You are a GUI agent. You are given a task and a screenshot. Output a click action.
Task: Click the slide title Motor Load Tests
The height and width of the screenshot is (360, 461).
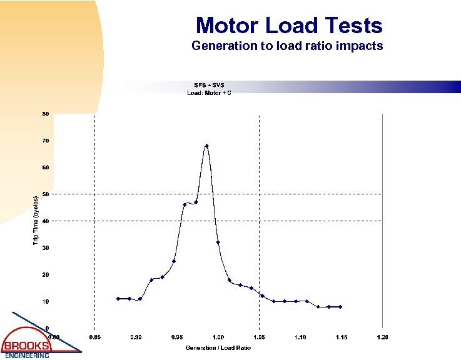(288, 26)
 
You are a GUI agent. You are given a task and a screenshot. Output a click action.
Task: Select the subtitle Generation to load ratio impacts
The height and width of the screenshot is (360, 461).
(287, 46)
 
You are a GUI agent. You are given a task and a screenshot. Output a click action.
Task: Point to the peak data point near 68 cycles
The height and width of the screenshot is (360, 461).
(206, 146)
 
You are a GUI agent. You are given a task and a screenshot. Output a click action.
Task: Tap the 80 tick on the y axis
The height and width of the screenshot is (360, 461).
(46, 114)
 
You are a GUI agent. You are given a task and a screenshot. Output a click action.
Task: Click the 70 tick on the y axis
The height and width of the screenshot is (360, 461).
(46, 141)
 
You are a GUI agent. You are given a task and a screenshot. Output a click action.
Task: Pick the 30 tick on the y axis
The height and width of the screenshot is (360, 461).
(46, 248)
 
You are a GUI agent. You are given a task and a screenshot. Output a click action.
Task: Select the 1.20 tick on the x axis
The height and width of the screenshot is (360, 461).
(382, 337)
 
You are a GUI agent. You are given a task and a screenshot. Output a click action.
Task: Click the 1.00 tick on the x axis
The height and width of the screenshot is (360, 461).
(218, 337)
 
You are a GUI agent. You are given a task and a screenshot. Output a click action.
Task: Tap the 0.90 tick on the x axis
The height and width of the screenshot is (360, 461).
(136, 337)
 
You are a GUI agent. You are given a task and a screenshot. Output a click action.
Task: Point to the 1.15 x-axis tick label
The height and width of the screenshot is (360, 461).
(341, 337)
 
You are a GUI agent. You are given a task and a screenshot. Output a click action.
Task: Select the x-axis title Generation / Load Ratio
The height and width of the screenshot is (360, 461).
(218, 347)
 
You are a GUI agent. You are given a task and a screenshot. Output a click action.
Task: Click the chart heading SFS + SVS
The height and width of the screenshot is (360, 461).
(209, 85)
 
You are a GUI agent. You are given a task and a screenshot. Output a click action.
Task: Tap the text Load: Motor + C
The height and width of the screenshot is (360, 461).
(209, 93)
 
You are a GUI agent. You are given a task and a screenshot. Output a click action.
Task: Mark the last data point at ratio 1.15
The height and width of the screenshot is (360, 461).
(340, 307)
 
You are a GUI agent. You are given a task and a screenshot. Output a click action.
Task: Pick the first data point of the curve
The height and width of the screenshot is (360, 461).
(118, 299)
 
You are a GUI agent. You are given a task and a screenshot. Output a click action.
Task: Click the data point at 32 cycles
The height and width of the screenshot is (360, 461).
(218, 242)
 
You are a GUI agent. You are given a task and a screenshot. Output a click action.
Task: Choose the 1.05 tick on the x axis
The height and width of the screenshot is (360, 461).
(259, 337)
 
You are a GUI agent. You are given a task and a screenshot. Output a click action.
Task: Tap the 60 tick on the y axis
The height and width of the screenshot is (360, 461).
(46, 167)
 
